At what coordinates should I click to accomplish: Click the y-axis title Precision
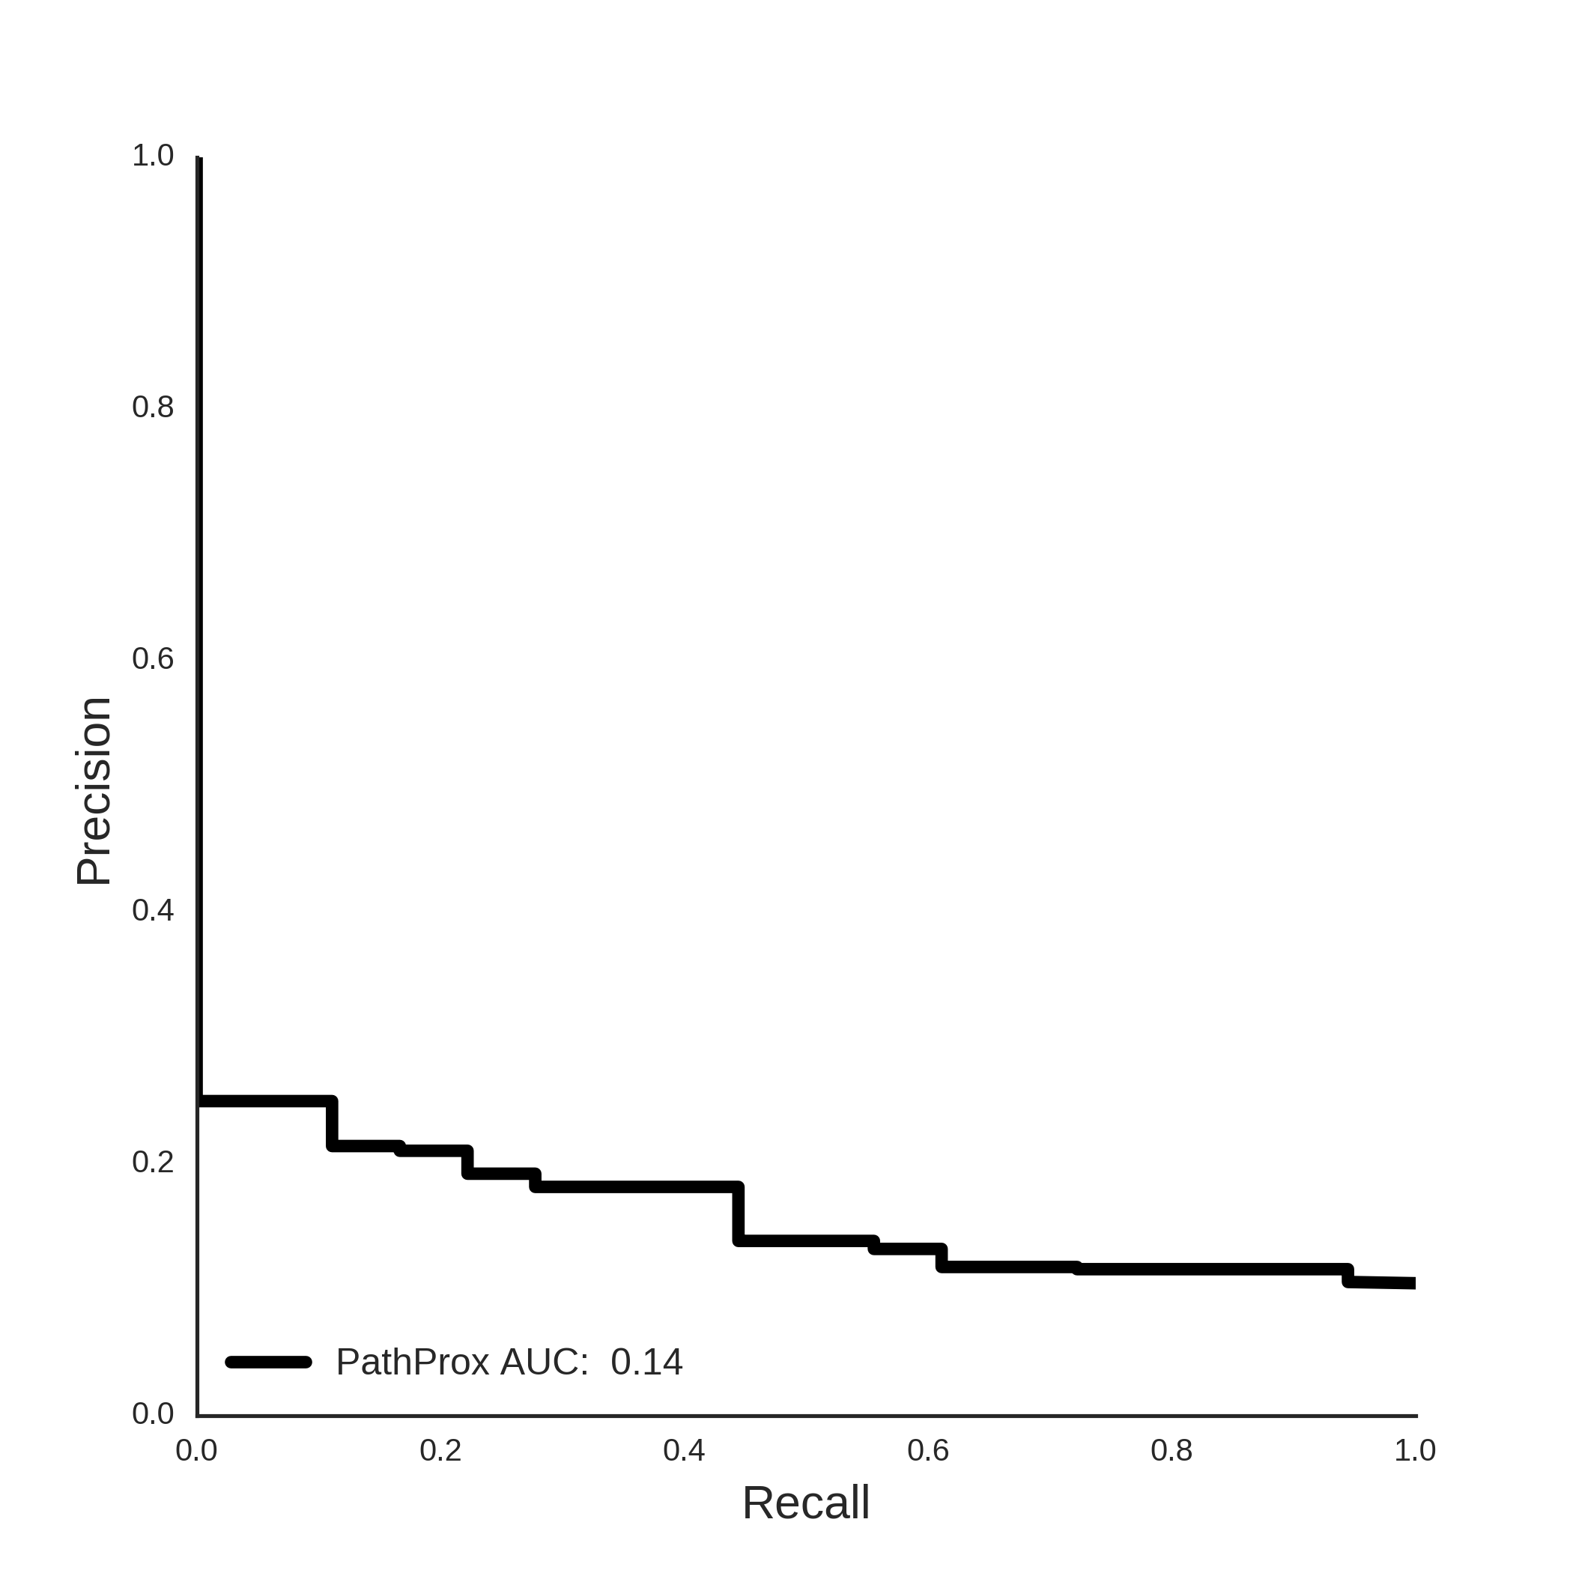[x=94, y=792]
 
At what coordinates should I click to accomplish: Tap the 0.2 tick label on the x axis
[x=440, y=1450]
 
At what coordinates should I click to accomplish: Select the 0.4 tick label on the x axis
[x=684, y=1450]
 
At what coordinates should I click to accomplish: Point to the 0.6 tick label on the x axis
[x=928, y=1450]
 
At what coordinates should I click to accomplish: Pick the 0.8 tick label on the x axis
[x=1172, y=1450]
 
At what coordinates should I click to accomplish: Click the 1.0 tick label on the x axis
[x=1415, y=1450]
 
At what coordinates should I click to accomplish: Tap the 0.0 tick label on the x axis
[x=197, y=1450]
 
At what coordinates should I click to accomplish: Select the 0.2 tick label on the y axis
[x=153, y=1162]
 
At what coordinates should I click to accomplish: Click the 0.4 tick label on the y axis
[x=153, y=910]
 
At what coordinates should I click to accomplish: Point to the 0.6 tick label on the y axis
[x=153, y=658]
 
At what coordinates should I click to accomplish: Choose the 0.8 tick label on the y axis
[x=153, y=407]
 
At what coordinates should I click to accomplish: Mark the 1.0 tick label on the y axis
[x=153, y=156]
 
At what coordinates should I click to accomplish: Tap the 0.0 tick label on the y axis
[x=153, y=1413]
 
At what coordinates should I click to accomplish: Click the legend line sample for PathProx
[x=269, y=1362]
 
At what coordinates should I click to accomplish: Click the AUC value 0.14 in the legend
[x=646, y=1362]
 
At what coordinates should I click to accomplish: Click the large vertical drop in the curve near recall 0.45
[x=739, y=1214]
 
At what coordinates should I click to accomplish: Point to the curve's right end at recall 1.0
[x=1414, y=1283]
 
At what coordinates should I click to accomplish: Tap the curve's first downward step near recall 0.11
[x=332, y=1124]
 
